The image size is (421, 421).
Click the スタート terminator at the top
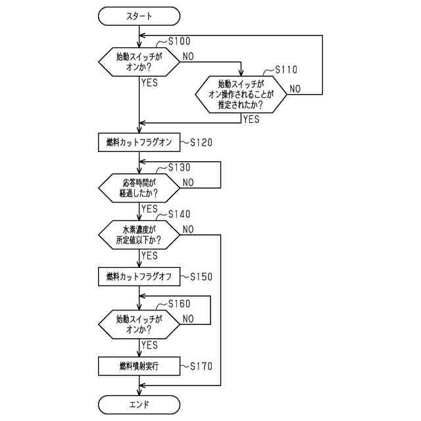tap(139, 16)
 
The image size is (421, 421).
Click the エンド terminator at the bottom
tap(139, 405)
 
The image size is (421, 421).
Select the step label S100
tap(179, 41)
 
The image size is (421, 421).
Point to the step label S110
tap(286, 70)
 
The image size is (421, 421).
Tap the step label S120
tap(201, 142)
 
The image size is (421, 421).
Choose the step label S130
tap(179, 168)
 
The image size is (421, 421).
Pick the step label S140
tap(179, 214)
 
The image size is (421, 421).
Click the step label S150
tap(201, 276)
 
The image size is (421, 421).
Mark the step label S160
tap(179, 304)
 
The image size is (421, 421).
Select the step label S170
tap(201, 366)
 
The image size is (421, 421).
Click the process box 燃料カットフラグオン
tap(139, 142)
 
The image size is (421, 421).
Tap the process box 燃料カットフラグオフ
tap(139, 276)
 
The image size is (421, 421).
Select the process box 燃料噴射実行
tap(139, 366)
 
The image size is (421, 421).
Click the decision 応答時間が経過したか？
tap(139, 188)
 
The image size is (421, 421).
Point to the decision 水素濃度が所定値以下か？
tap(139, 235)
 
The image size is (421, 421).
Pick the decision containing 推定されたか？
tap(241, 95)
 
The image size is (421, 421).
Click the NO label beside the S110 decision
tap(295, 89)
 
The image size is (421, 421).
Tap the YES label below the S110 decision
tap(251, 119)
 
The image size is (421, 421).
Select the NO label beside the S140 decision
tap(188, 230)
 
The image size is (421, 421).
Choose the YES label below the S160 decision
tap(149, 345)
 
